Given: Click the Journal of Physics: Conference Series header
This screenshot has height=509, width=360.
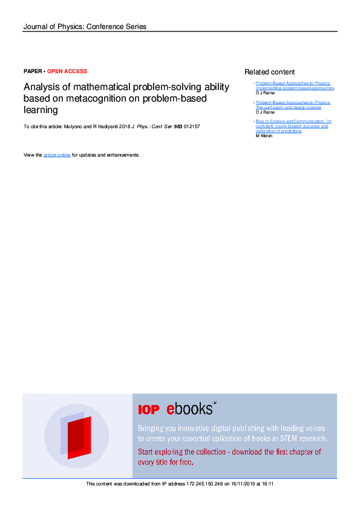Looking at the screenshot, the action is (x=85, y=27).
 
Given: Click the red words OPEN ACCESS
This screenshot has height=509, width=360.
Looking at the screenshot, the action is (x=67, y=71).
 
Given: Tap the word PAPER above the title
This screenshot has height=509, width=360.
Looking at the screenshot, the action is (x=32, y=71).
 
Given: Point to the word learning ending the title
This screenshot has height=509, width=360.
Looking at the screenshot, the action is (x=41, y=110).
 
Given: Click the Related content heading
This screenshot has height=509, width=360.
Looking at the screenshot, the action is (x=269, y=72).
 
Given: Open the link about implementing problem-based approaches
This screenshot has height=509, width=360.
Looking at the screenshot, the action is (x=295, y=86).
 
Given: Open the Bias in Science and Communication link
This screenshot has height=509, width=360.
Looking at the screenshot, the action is (x=293, y=126).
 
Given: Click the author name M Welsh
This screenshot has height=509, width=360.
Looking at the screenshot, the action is (x=264, y=136).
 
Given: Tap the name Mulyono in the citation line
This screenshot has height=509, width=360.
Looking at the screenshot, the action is (x=74, y=126).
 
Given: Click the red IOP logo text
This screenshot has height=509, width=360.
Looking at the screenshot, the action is (x=149, y=410).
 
